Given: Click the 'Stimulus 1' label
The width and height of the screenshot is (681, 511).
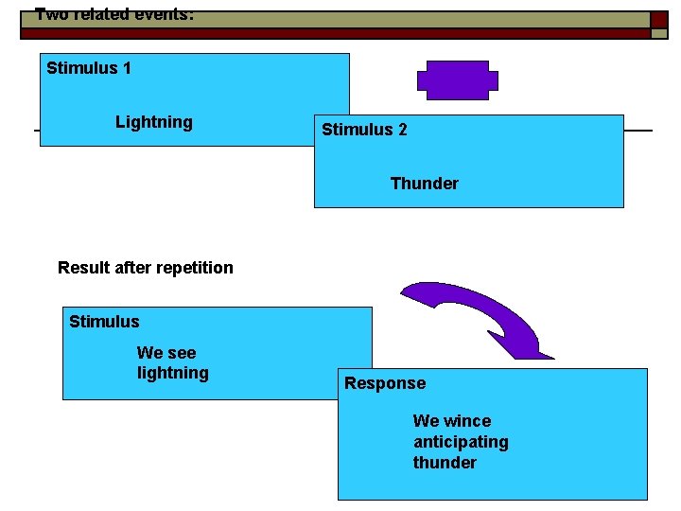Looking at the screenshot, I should coord(89,68).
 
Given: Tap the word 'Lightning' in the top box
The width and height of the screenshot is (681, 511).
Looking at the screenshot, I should coord(153,122).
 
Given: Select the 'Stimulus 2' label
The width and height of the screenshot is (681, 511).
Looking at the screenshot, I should coord(364,130).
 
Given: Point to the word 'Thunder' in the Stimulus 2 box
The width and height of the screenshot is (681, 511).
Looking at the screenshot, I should coord(424,184).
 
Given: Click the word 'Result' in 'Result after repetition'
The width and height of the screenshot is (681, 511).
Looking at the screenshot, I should coord(82,268).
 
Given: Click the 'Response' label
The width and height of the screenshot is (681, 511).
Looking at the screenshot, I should coord(385,383).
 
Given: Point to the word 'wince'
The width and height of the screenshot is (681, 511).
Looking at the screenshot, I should coord(467,421).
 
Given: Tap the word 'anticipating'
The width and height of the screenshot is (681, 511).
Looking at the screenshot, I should coord(461,442).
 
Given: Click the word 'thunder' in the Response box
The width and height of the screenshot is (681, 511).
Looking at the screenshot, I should coord(445,463).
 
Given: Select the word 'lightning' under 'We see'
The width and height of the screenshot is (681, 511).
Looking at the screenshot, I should coord(172,373).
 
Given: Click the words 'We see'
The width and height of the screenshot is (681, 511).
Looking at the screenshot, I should coord(166,353).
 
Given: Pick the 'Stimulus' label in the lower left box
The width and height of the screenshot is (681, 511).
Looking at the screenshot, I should coord(104,322).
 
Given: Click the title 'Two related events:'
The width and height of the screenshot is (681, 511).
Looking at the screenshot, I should coord(114,14).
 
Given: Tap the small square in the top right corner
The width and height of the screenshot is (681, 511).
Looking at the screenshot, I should coord(658,21).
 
